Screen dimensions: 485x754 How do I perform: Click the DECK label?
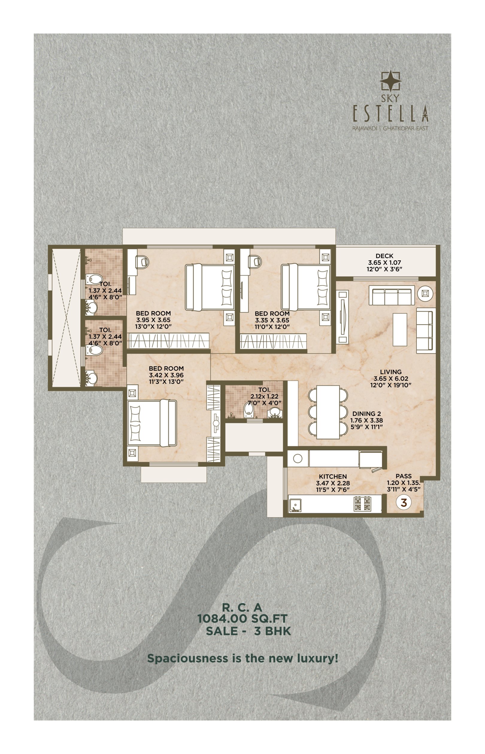click(384, 256)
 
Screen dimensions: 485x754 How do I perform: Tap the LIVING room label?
click(390, 372)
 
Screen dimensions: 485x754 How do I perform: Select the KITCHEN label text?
click(333, 476)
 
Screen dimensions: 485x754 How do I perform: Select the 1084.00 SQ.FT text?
click(242, 618)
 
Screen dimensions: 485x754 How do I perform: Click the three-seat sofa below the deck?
click(392, 295)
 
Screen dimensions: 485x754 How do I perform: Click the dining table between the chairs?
click(328, 412)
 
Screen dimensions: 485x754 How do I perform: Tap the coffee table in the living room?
click(400, 329)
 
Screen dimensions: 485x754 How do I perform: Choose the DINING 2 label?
click(366, 414)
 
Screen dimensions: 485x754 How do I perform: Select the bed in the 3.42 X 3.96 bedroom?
click(152, 423)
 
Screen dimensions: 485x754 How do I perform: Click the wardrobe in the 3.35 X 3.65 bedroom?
click(273, 341)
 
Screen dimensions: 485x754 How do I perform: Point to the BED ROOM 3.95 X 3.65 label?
click(153, 320)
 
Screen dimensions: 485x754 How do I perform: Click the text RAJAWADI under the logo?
click(364, 128)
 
